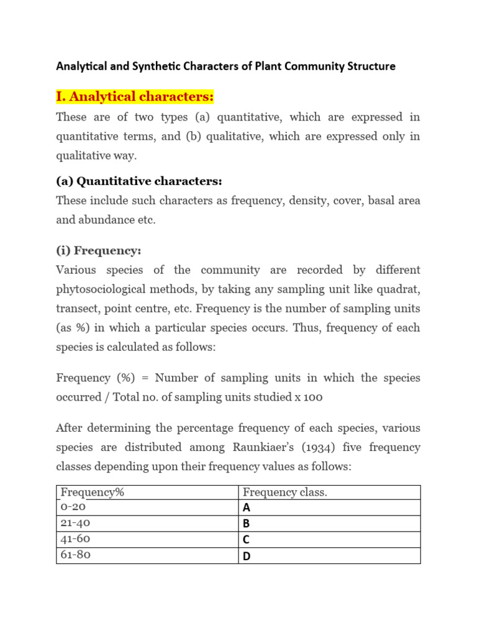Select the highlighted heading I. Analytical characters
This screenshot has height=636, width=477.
(135, 97)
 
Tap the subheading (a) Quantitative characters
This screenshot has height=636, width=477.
(139, 181)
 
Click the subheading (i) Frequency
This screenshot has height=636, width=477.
(99, 250)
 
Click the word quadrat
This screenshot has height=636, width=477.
(399, 289)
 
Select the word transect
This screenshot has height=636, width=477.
(77, 309)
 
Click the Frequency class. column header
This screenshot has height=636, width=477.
(285, 493)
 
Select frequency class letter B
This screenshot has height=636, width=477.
(247, 524)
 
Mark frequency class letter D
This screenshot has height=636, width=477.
(247, 556)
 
